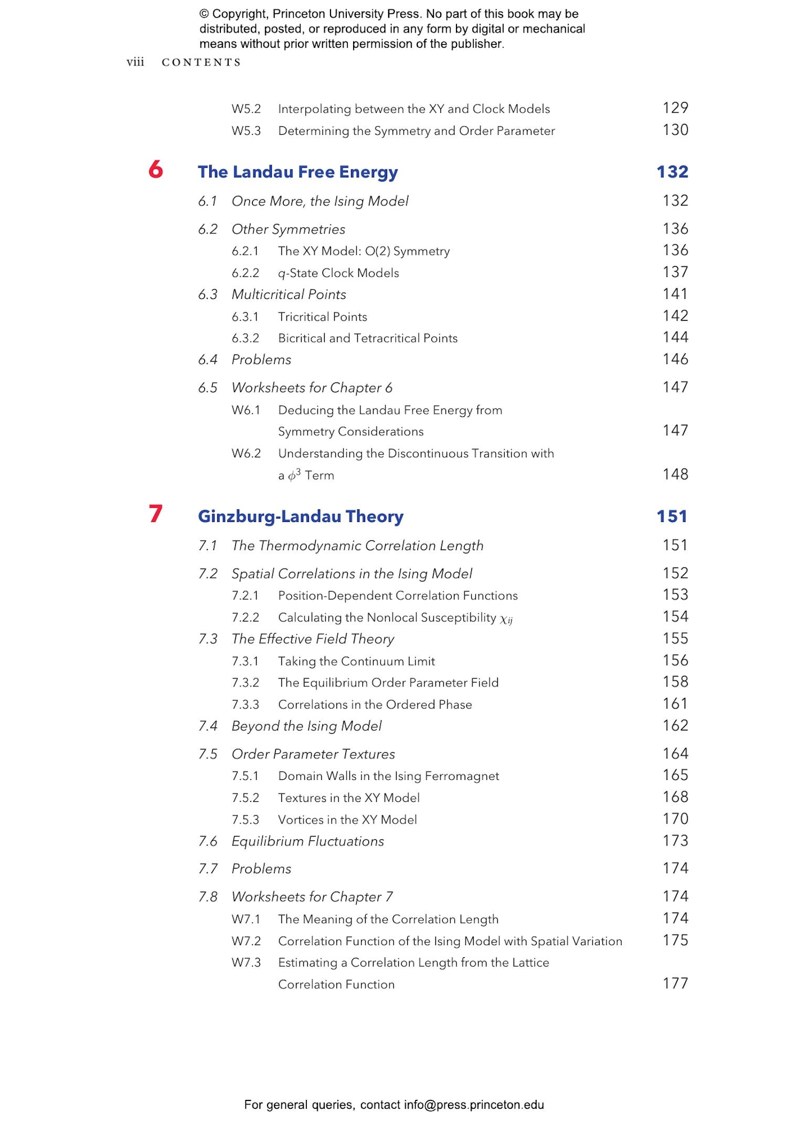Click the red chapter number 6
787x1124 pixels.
click(x=155, y=170)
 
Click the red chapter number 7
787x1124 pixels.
click(x=155, y=514)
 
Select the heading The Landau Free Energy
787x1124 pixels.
click(x=297, y=172)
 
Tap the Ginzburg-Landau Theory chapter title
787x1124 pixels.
click(x=301, y=517)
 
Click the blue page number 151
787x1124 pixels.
click(x=672, y=517)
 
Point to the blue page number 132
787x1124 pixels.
click(x=672, y=172)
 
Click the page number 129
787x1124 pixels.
click(x=675, y=108)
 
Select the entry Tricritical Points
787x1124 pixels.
click(x=322, y=317)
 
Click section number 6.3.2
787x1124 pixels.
click(x=245, y=338)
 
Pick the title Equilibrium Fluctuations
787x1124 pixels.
click(x=307, y=841)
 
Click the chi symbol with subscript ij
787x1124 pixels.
click(x=506, y=619)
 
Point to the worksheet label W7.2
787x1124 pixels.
click(x=246, y=941)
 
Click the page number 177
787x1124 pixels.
click(x=675, y=983)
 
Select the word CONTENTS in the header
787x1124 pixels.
click(x=201, y=62)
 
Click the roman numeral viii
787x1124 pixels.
click(x=135, y=62)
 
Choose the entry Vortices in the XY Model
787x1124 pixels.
click(x=347, y=820)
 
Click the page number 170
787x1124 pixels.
click(x=675, y=819)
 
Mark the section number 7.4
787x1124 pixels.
click(x=208, y=726)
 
